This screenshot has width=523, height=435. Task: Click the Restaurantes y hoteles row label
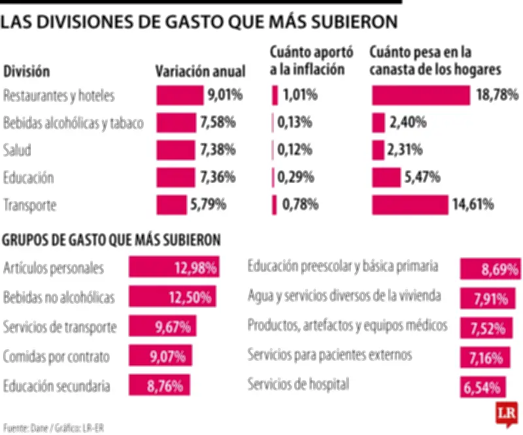[x=59, y=95]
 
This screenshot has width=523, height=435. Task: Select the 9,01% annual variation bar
[x=180, y=95]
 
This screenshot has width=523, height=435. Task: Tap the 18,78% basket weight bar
[x=420, y=95]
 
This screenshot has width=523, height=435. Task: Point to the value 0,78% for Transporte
[x=301, y=205]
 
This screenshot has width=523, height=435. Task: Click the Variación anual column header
[x=200, y=71]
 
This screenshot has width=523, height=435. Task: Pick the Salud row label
[x=17, y=150]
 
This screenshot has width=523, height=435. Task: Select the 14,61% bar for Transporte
[x=410, y=205]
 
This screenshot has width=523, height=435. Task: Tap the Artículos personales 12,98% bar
[x=173, y=267]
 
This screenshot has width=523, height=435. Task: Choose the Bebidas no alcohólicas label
[x=59, y=298]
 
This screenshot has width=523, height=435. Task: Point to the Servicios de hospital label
[x=298, y=384]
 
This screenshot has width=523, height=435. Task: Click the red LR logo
[x=506, y=414]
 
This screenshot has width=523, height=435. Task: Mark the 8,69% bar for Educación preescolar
[x=490, y=268]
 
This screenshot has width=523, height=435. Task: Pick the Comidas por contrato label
[x=56, y=357]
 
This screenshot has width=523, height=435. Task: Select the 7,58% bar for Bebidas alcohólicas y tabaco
[x=176, y=123]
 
